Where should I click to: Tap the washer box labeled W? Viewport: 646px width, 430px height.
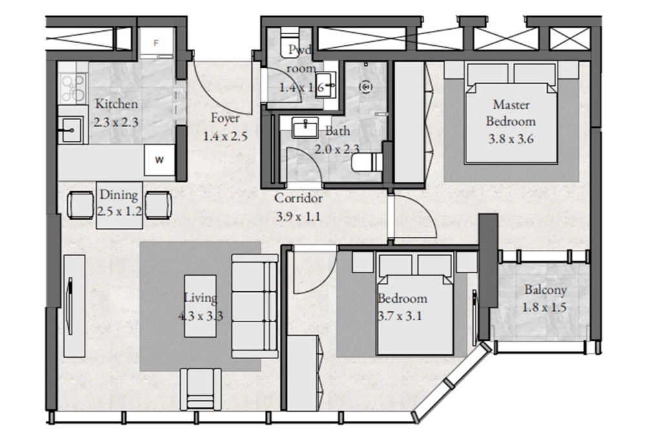point(160,160)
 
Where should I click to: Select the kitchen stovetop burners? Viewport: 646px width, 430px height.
point(73,88)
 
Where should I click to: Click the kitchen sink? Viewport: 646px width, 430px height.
point(71,130)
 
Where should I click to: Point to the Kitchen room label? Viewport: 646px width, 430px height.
point(116,104)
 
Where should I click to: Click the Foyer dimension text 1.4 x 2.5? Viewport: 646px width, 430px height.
point(225,136)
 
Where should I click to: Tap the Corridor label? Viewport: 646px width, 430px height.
point(298,198)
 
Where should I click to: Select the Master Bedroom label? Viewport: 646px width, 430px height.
point(511,113)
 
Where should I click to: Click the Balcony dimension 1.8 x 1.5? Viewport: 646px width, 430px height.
point(544,307)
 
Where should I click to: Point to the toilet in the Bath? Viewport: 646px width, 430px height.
point(368,162)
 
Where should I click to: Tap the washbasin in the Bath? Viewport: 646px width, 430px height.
point(306,127)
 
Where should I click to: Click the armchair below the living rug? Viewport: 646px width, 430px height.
point(201,389)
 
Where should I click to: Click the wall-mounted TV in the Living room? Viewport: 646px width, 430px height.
point(70,307)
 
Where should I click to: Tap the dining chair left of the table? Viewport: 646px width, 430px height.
point(81,205)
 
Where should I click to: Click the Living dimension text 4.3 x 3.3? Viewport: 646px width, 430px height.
point(201,316)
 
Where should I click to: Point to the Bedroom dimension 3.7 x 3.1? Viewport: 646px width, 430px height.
point(400,316)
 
